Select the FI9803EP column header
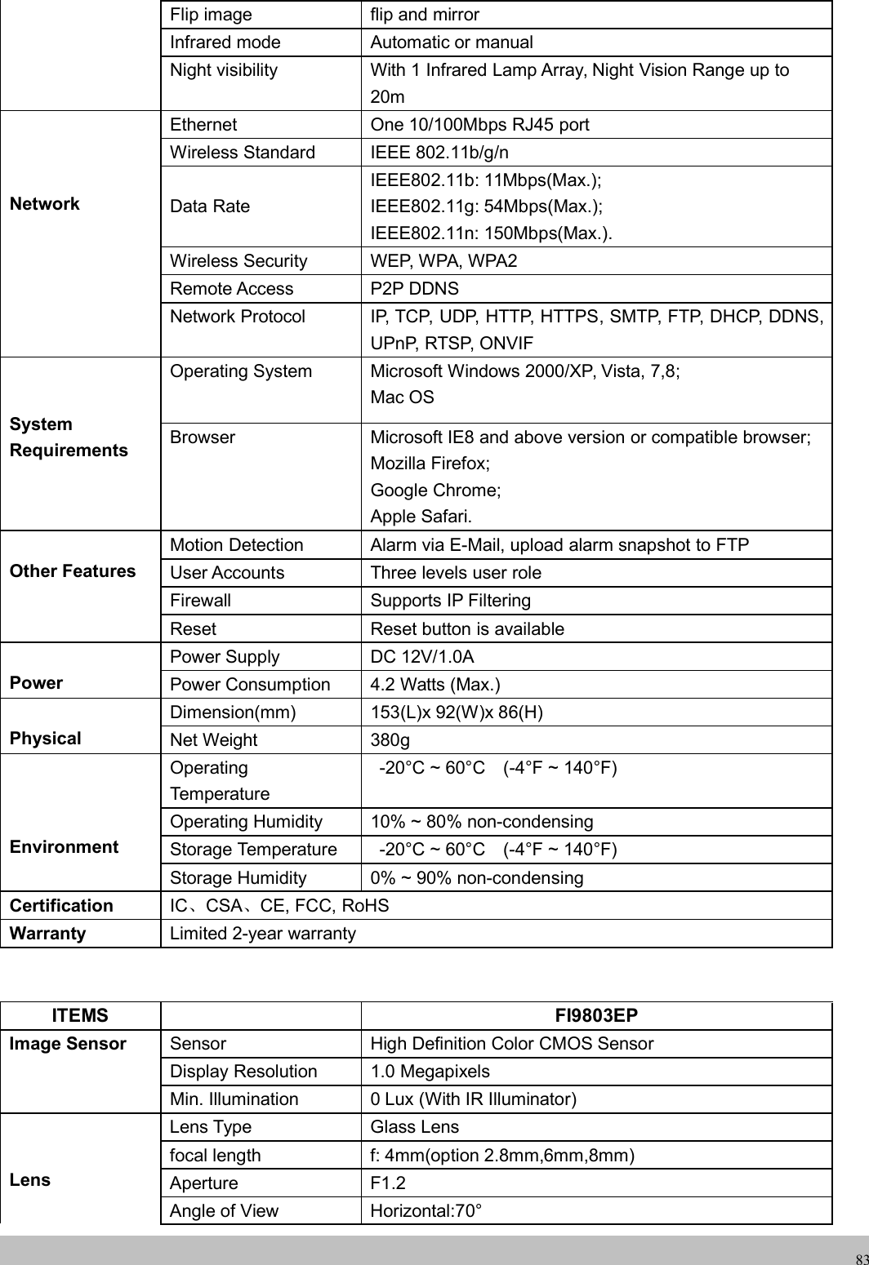[596, 1015]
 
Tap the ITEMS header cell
[80, 1015]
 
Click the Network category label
[45, 204]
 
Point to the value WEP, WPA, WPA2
[443, 261]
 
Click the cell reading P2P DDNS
[415, 289]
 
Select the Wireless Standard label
[243, 153]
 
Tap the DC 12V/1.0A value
[422, 657]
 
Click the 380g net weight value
[390, 740]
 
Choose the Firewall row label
[200, 601]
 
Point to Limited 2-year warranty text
[263, 933]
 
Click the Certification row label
[61, 906]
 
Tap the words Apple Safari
[421, 517]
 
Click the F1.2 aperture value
[388, 1183]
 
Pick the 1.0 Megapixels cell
[430, 1072]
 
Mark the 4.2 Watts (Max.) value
[436, 685]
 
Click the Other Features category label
[73, 571]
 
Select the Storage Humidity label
[238, 878]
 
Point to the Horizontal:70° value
[426, 1211]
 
